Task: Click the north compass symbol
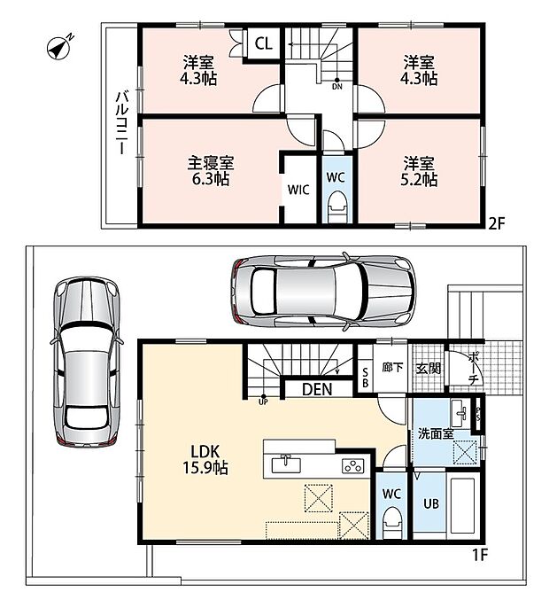[x=59, y=48]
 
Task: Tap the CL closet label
[x=264, y=43]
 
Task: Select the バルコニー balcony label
[x=122, y=122]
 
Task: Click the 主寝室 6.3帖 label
[x=211, y=171]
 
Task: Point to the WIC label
[x=298, y=190]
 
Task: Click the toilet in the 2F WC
[x=336, y=207]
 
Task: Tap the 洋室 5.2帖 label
[x=419, y=172]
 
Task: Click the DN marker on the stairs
[x=337, y=84]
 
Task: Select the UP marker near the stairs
[x=264, y=400]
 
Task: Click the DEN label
[x=317, y=389]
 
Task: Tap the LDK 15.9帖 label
[x=205, y=459]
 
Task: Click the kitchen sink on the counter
[x=286, y=464]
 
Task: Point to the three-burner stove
[x=353, y=465]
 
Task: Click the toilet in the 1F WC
[x=391, y=525]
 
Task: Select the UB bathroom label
[x=431, y=503]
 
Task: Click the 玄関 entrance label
[x=429, y=368]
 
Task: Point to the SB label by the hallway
[x=365, y=378]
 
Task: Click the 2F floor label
[x=497, y=224]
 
